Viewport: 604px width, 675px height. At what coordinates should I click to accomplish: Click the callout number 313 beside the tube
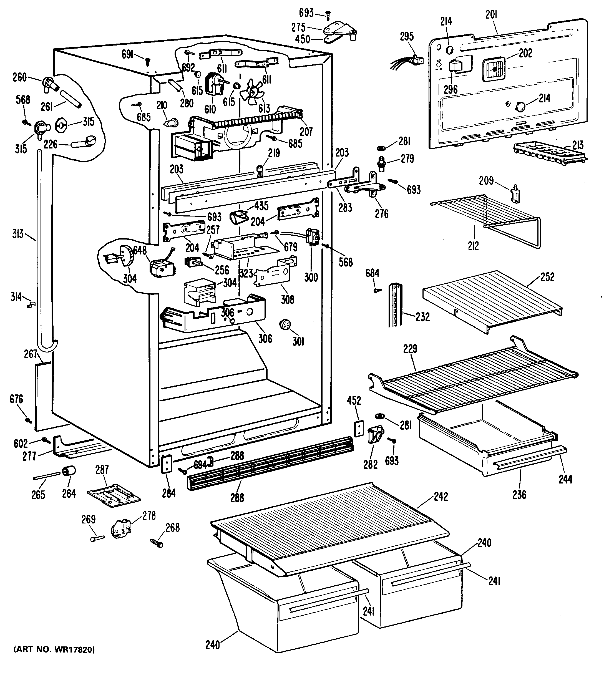18,234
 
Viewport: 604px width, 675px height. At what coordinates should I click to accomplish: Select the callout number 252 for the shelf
547,277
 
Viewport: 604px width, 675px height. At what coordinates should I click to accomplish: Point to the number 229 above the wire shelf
410,349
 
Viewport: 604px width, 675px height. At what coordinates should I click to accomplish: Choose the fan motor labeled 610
213,85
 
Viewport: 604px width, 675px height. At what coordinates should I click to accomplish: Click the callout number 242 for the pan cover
441,497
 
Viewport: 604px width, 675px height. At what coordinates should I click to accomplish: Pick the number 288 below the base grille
237,498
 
